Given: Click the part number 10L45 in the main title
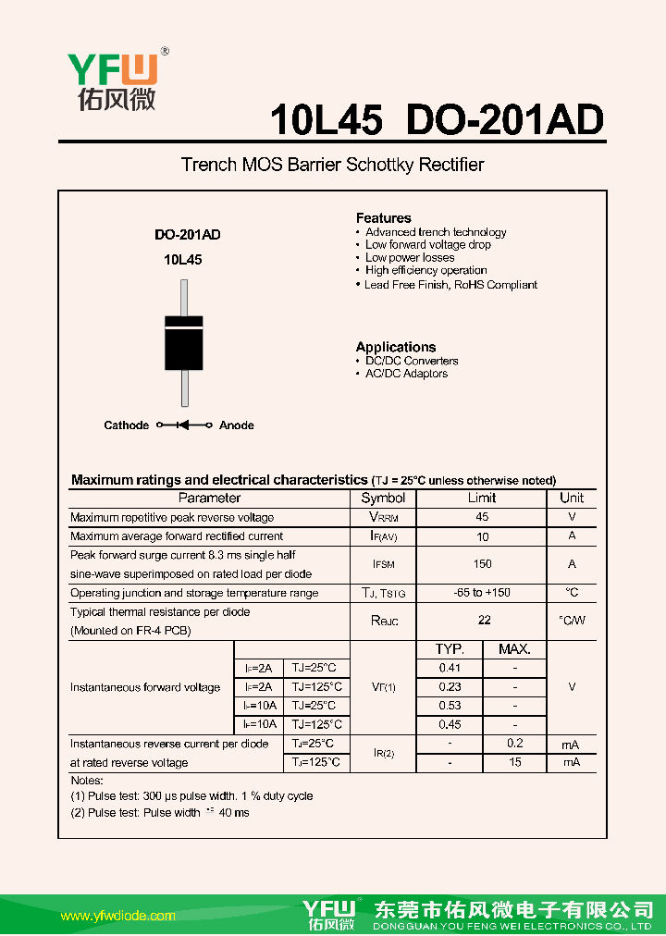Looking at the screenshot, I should tap(326, 120).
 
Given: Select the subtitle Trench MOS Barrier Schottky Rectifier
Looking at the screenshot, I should tap(332, 166).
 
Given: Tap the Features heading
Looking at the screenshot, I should tap(383, 218).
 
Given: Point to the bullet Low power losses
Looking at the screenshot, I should tap(410, 257).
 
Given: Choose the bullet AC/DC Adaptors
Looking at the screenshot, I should tap(406, 374).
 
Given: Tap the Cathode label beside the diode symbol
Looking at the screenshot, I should tap(126, 425).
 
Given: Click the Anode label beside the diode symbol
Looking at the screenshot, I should tap(236, 425).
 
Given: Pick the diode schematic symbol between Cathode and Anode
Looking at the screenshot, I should tap(183, 425).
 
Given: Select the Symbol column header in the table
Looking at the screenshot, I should tap(383, 498).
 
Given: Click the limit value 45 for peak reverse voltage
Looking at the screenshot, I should tap(482, 517).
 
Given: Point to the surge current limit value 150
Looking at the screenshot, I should tap(482, 564).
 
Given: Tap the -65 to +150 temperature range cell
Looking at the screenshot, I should tap(482, 593).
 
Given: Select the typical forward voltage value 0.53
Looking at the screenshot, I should tap(450, 706).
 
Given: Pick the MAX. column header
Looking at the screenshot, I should tap(514, 649).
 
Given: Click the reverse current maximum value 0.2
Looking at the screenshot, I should tap(515, 744).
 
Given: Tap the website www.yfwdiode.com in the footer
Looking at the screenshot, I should tap(117, 916).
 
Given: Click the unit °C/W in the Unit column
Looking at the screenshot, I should tap(572, 621).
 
